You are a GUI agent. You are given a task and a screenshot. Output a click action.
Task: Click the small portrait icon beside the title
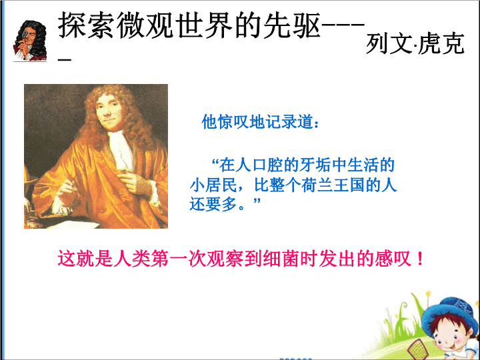(30, 41)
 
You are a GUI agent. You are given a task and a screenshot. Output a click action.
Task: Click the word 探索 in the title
(72, 26)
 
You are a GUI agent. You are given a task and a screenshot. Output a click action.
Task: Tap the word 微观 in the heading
(131, 26)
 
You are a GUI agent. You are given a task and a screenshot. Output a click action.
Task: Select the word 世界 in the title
(190, 26)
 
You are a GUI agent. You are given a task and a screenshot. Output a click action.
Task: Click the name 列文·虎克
(415, 44)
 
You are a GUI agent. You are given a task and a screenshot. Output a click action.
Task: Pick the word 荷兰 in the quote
(317, 185)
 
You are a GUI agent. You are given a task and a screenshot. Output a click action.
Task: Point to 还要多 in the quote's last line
(213, 204)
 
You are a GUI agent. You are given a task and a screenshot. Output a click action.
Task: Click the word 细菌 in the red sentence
(281, 259)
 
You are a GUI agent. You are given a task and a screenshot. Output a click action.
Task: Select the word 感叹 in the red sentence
(393, 259)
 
